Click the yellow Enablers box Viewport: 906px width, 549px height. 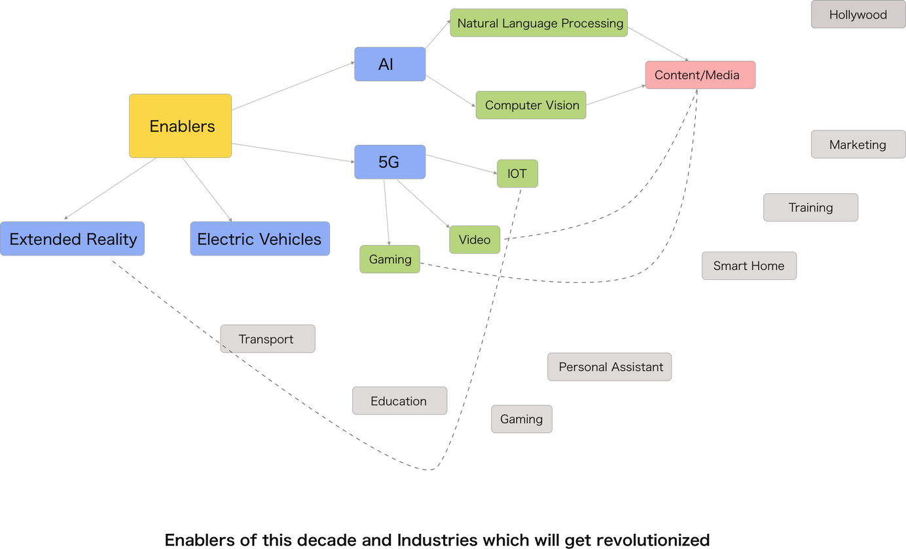pyautogui.click(x=181, y=126)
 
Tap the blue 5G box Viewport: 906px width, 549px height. pyautogui.click(x=390, y=162)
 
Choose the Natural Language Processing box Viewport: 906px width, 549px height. pyautogui.click(x=539, y=23)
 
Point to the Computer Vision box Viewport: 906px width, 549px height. pyautogui.click(x=531, y=105)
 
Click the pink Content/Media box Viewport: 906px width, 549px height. pyautogui.click(x=700, y=75)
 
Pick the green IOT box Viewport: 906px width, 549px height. pyautogui.click(x=517, y=174)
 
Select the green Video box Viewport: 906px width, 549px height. pyautogui.click(x=475, y=240)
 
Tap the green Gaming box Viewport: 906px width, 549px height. pyautogui.click(x=390, y=259)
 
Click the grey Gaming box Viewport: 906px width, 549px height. pyautogui.click(x=522, y=419)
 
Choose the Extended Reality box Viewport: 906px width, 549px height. pyautogui.click(x=73, y=239)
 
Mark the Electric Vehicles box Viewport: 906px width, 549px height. pyautogui.click(x=259, y=239)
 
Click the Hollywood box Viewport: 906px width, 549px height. pyautogui.click(x=858, y=14)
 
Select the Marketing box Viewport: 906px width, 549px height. pyautogui.click(x=858, y=145)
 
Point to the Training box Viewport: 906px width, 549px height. pyautogui.click(x=810, y=208)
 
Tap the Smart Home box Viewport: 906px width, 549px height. pyautogui.click(x=749, y=266)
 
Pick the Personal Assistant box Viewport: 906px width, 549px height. pyautogui.click(x=610, y=367)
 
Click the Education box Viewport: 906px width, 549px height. pyautogui.click(x=399, y=401)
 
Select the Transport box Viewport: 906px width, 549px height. pyautogui.click(x=267, y=339)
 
